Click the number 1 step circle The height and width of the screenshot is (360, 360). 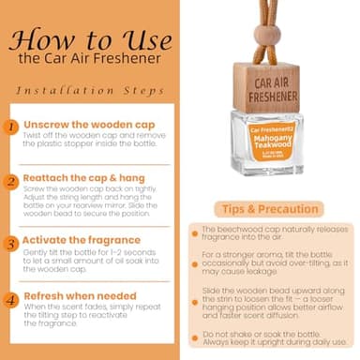(x=10, y=125)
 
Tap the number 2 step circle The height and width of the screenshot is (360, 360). (x=10, y=181)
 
